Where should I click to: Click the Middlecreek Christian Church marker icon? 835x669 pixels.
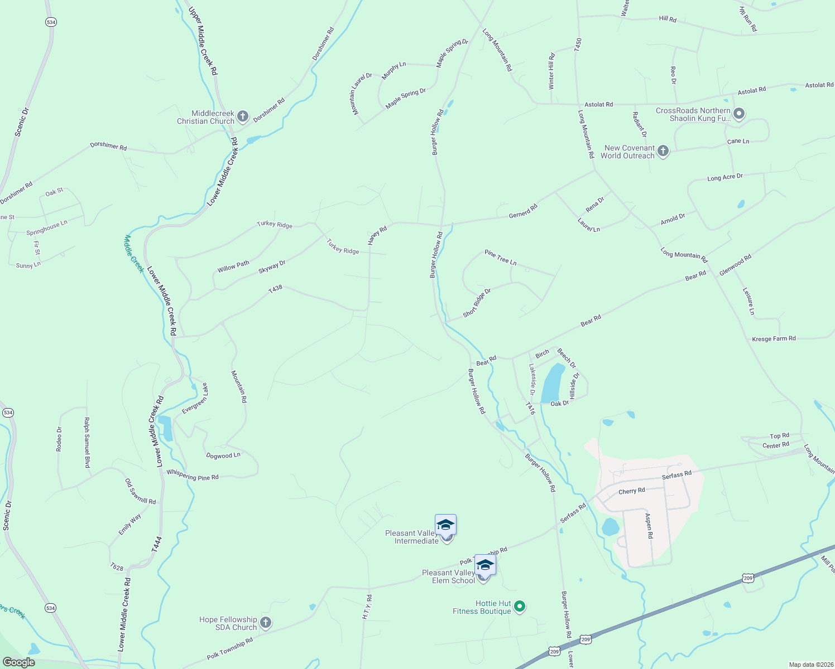242,117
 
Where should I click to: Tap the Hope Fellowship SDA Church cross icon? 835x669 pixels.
266,623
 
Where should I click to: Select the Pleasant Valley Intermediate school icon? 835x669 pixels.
445,526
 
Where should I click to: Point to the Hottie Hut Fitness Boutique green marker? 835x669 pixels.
520,607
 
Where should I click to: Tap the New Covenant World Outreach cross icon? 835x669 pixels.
663,151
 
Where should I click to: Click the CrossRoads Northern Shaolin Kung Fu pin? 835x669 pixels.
739,114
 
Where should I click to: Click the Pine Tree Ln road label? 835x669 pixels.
501,258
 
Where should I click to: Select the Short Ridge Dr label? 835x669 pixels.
477,303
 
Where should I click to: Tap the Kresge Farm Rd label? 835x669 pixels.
774,338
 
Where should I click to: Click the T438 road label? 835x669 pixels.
275,289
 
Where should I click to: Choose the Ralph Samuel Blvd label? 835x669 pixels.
87,443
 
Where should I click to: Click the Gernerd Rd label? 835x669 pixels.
523,211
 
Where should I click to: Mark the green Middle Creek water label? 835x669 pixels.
134,254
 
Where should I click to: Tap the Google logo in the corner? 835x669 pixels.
18,662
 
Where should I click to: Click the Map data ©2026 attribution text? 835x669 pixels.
810,665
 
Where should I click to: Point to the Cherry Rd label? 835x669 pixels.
632,491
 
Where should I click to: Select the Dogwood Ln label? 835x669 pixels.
223,455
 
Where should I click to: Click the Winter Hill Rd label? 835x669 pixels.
551,71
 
